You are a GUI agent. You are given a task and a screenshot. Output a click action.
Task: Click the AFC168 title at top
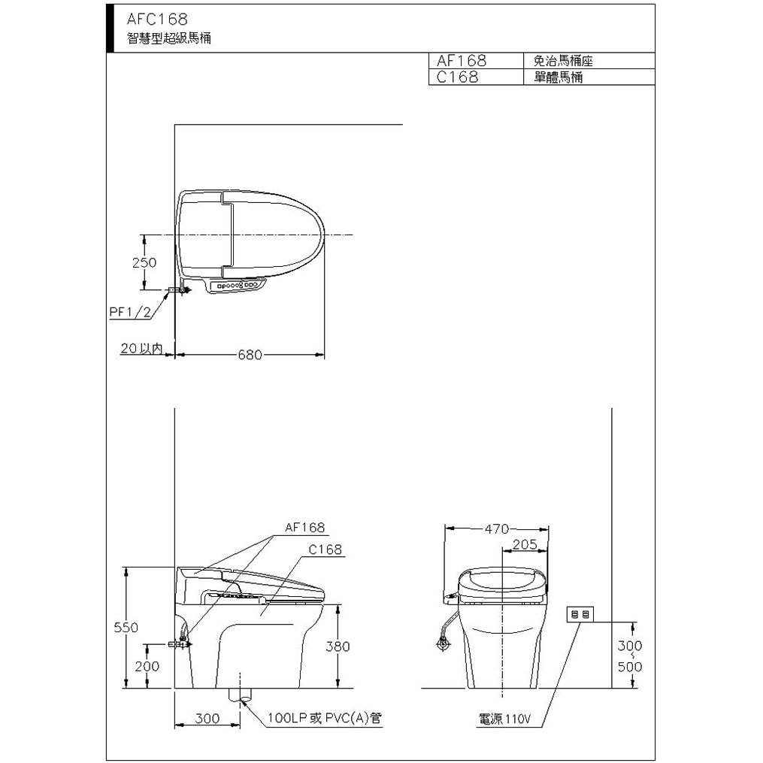(156, 19)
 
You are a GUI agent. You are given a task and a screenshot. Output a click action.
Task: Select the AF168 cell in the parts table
(462, 60)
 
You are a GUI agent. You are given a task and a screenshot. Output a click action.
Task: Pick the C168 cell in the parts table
(457, 77)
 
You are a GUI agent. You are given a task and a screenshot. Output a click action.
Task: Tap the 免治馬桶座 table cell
(563, 61)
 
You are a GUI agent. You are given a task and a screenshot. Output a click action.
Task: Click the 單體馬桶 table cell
(558, 77)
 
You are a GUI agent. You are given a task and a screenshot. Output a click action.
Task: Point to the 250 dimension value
(144, 263)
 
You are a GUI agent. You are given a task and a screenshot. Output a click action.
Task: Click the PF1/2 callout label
(130, 312)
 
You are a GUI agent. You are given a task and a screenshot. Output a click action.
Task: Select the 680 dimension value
(250, 355)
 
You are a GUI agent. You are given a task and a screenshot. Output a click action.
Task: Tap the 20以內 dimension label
(141, 348)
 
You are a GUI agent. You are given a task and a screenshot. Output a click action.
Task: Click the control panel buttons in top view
(238, 285)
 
